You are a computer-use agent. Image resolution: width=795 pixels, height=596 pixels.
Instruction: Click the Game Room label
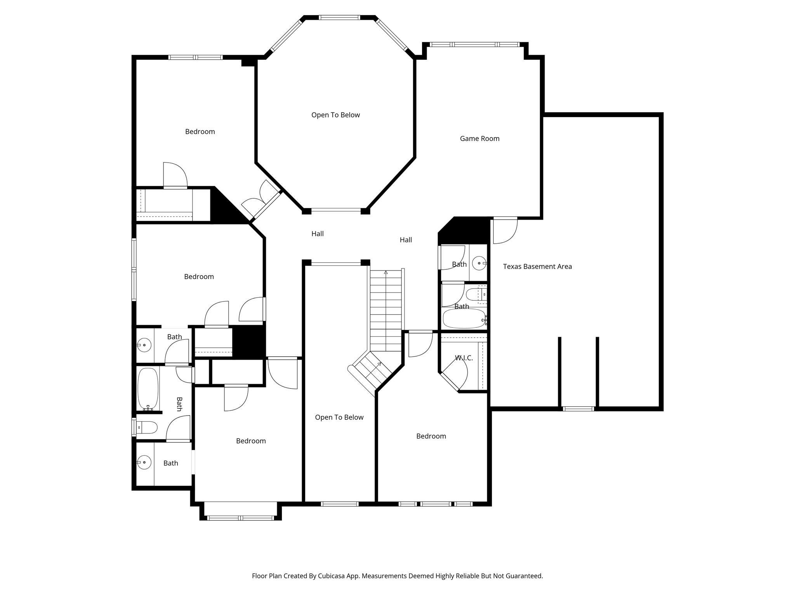(x=479, y=139)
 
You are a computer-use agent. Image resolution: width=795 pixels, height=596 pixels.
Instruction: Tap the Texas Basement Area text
(x=537, y=267)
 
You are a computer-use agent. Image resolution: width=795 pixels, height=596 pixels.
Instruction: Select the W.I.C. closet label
(x=464, y=358)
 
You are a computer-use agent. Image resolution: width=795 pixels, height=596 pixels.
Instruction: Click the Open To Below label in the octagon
(x=335, y=115)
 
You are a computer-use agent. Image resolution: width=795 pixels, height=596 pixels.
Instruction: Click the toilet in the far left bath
(x=149, y=428)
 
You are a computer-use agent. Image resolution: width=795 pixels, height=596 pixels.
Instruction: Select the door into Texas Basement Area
(x=505, y=230)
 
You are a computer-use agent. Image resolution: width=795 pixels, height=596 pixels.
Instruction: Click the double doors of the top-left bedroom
(x=260, y=199)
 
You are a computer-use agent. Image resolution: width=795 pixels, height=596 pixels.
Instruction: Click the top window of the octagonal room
(x=339, y=17)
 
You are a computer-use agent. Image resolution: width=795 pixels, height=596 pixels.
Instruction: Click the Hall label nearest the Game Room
(x=406, y=240)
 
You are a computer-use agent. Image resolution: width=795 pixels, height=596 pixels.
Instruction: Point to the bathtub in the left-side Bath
(x=148, y=389)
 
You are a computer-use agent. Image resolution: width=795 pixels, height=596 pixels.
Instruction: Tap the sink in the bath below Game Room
(x=479, y=263)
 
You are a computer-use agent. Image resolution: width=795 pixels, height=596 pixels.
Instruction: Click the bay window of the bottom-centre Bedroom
(x=241, y=518)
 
